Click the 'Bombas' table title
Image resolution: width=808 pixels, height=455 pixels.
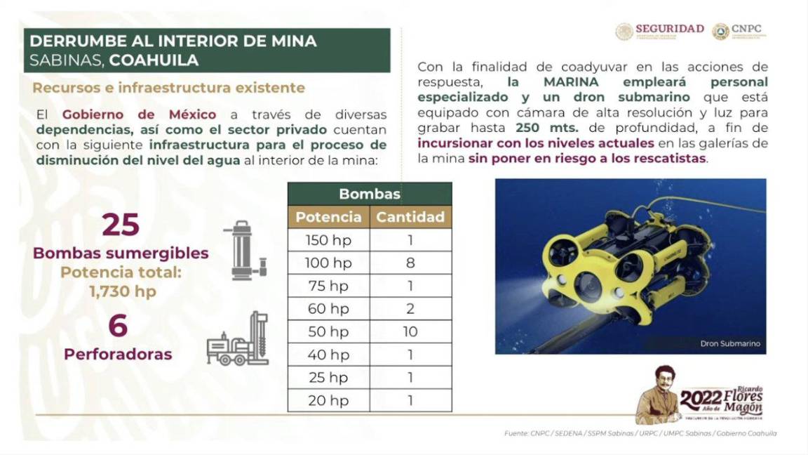[x=370, y=194]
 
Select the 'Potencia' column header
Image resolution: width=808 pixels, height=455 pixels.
[x=328, y=217]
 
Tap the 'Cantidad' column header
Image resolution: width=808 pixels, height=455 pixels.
[x=410, y=217]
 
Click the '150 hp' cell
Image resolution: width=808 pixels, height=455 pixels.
[x=328, y=240]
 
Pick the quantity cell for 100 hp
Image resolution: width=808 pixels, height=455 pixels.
[x=410, y=263]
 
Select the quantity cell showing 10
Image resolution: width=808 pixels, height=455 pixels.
[x=410, y=331]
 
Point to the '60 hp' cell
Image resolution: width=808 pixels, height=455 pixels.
[x=328, y=309]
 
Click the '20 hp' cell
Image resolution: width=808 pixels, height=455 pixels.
[x=328, y=400]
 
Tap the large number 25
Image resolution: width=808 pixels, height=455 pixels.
[x=121, y=225]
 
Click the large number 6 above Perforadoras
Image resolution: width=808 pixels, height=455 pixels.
[x=118, y=327]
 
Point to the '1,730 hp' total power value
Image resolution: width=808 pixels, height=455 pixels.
[x=122, y=291]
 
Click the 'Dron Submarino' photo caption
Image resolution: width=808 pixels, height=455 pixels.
[x=729, y=343]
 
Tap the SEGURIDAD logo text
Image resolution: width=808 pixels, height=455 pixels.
[x=669, y=29]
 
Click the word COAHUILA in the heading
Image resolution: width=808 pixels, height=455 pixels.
[x=154, y=60]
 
